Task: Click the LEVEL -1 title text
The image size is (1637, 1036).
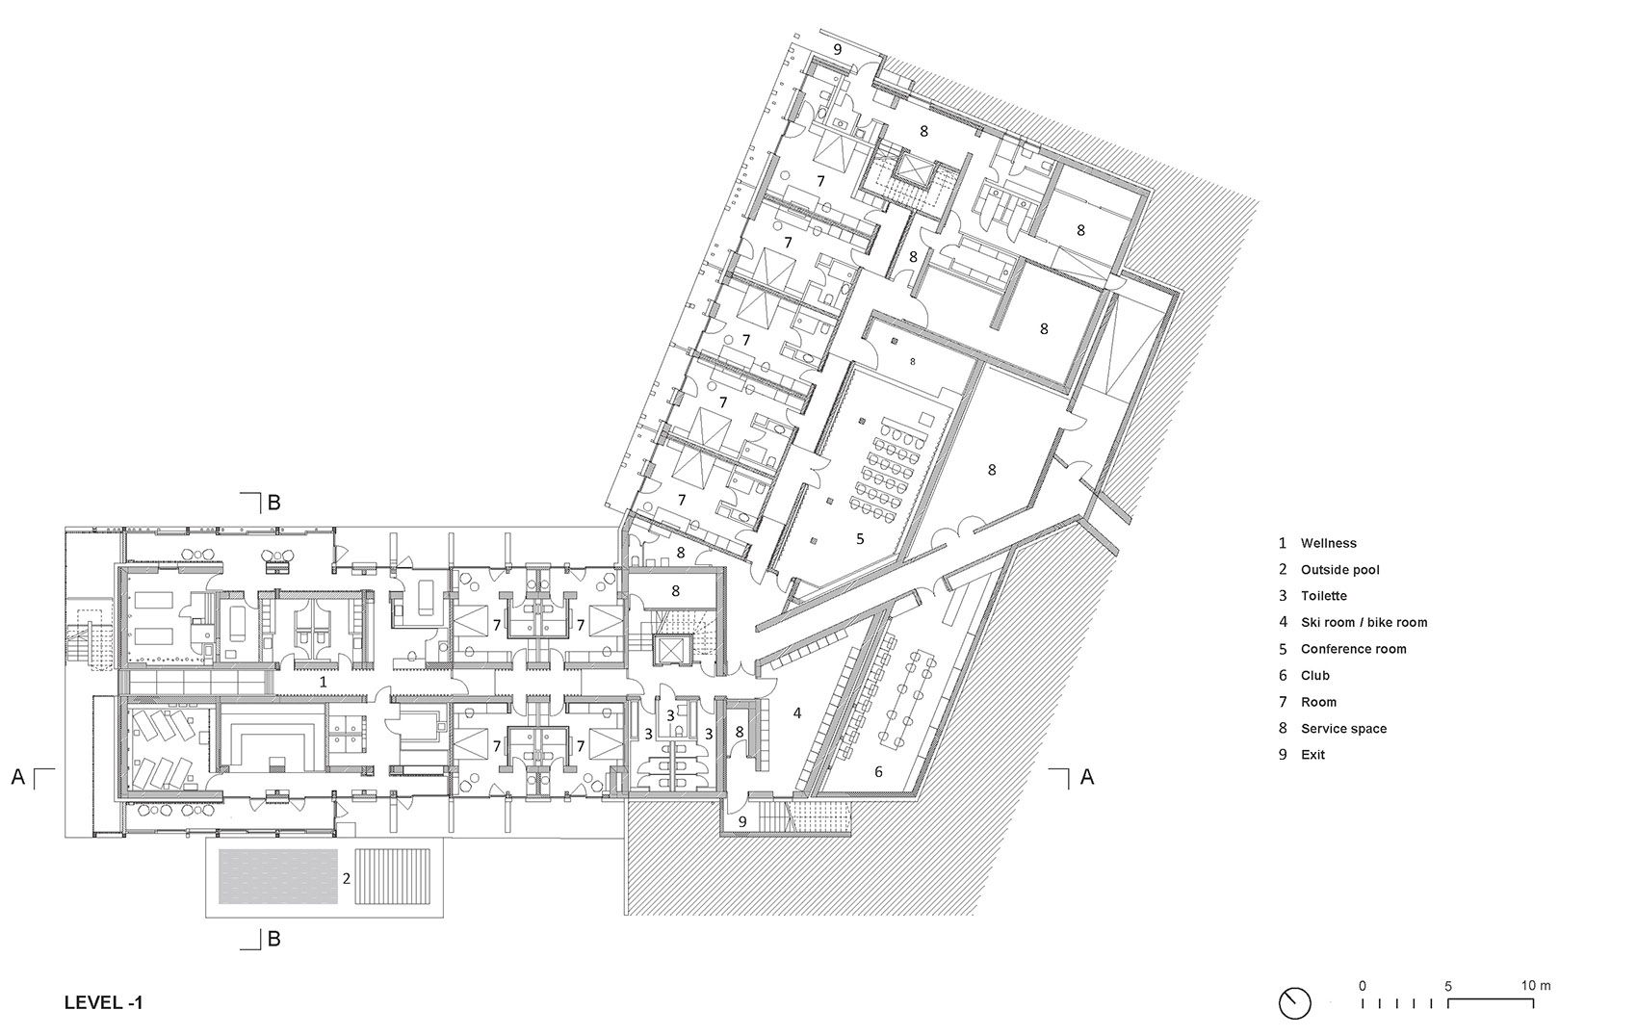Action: (x=103, y=1002)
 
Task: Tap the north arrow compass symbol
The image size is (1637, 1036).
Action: (x=1295, y=1002)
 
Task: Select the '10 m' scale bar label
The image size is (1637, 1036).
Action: (x=1536, y=985)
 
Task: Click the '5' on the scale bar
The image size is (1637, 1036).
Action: (x=1448, y=986)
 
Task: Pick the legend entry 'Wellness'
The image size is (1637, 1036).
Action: (x=1328, y=543)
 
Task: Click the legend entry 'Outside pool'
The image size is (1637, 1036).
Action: (x=1339, y=570)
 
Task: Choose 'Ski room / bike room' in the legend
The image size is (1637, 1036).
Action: (x=1364, y=623)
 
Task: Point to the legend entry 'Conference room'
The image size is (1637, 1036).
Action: (x=1353, y=649)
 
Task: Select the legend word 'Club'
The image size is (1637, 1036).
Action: (x=1314, y=676)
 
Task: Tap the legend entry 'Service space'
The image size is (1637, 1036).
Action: (x=1343, y=729)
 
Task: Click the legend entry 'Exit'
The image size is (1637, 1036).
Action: (x=1312, y=755)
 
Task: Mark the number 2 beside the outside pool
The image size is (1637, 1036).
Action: (x=345, y=879)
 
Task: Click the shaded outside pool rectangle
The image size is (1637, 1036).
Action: (x=278, y=876)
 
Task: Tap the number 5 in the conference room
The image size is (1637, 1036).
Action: (x=860, y=539)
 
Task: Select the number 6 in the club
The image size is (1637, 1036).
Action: (x=878, y=772)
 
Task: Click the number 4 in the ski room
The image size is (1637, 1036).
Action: (x=797, y=713)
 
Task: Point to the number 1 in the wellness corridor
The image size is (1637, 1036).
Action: (x=324, y=682)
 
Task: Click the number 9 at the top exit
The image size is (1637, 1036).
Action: (x=837, y=49)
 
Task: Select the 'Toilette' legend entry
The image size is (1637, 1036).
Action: (x=1323, y=596)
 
